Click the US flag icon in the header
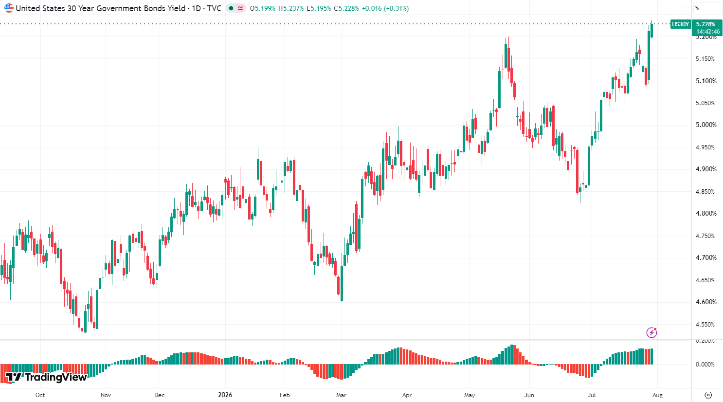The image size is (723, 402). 9,8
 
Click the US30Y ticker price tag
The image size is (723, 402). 680,24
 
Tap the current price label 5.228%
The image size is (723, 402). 705,24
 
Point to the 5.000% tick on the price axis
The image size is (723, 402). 706,125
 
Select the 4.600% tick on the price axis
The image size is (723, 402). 706,302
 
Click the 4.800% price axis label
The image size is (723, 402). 706,214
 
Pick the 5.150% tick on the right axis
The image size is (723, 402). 706,59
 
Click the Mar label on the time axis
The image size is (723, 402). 341,395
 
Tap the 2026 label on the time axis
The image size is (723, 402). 225,395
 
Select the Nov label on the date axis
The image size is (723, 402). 106,395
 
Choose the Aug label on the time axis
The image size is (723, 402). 657,395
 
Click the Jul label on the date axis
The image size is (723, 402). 592,395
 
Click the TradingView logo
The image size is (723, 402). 46,377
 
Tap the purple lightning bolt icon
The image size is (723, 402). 651,332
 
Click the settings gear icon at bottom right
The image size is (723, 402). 708,395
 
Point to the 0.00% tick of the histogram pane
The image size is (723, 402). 705,365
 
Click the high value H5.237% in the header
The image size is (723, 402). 291,8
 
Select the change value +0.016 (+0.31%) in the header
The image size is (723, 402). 385,8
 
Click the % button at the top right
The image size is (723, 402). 697,8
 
